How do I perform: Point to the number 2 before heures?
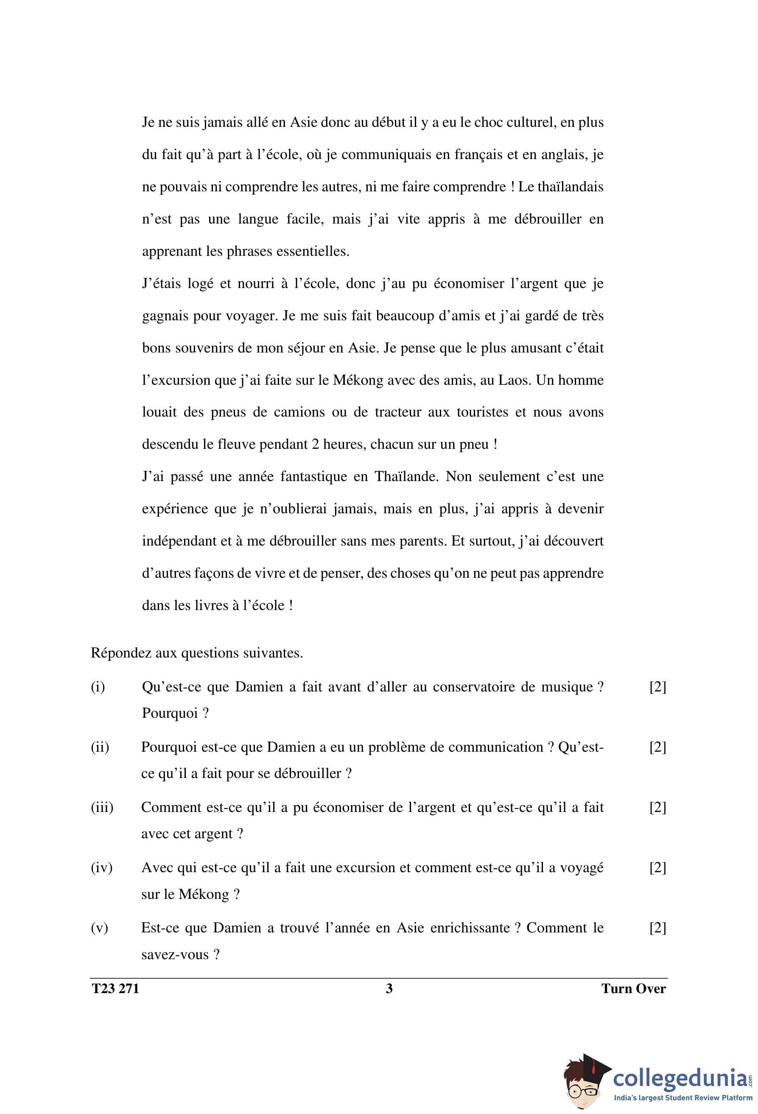pyautogui.click(x=315, y=444)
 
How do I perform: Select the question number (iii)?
pyautogui.click(x=102, y=807)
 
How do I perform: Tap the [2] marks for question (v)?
pyautogui.click(x=657, y=927)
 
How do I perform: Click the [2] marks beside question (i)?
pyautogui.click(x=657, y=687)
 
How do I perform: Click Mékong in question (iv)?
pyautogui.click(x=204, y=894)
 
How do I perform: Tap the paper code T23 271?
pyautogui.click(x=115, y=988)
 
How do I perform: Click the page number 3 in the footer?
pyautogui.click(x=389, y=988)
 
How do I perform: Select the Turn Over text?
pyautogui.click(x=633, y=988)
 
